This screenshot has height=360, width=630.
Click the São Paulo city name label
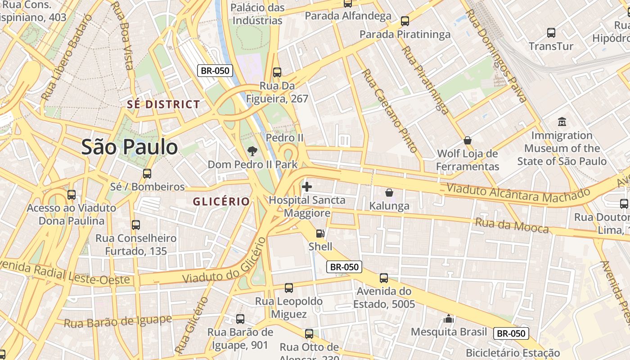pos(130,147)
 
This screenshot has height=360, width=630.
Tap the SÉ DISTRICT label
pos(163,104)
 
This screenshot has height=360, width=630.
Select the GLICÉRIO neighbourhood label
pos(221,202)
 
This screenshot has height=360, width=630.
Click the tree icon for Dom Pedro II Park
pos(252,151)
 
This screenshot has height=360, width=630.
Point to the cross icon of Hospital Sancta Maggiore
pos(307,187)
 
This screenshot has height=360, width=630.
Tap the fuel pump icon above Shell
pos(320,233)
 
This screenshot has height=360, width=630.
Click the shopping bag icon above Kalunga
pos(389,193)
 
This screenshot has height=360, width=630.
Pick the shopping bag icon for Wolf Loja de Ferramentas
pos(468,140)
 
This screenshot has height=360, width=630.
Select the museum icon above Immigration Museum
pos(562,121)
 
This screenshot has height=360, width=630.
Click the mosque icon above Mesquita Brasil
pos(449,319)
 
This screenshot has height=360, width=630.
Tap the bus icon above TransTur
pos(551,32)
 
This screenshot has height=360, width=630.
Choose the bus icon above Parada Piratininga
pos(405,21)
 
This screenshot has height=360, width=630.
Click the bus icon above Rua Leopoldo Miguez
pos(289,288)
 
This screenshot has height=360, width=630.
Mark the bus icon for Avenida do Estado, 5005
pos(383,278)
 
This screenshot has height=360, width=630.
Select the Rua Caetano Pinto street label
pos(390,111)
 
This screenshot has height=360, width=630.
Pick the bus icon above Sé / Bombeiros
pos(147,173)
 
